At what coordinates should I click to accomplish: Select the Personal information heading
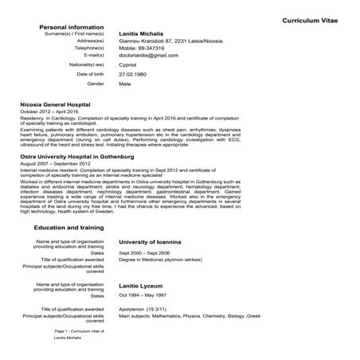(71, 27)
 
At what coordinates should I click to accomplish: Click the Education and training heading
(70, 227)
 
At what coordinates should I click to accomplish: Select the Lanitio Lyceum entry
(141, 284)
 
